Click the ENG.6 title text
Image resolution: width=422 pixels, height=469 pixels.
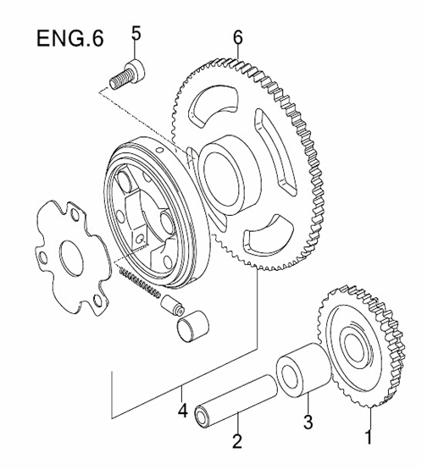[x=70, y=40]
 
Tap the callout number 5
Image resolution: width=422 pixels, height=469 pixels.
[x=135, y=34]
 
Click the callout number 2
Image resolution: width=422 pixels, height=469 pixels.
[x=238, y=440]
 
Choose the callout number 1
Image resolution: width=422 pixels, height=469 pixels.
[x=368, y=438]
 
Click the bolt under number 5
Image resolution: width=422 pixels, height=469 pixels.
[x=128, y=74]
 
